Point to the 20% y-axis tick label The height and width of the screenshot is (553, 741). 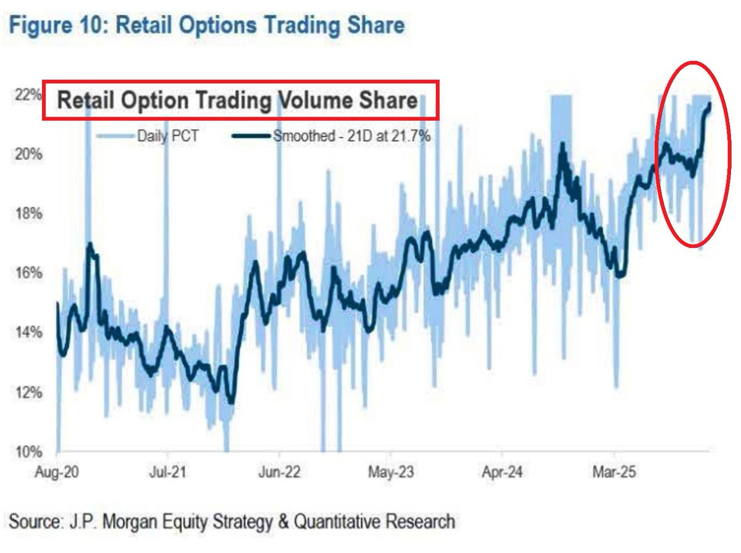click(x=29, y=154)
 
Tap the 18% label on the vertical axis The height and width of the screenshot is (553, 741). click(x=29, y=214)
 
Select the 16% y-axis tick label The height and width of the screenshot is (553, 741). click(x=29, y=273)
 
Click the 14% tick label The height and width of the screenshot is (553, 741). click(x=29, y=333)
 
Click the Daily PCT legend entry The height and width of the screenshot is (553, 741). click(x=167, y=135)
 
